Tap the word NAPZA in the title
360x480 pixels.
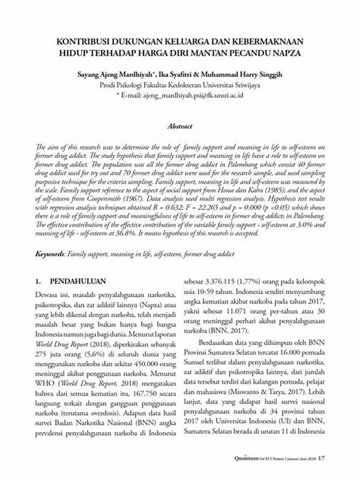284,53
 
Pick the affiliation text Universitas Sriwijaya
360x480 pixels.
230,85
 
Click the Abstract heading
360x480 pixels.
180,127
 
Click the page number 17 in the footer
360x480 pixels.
322,458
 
